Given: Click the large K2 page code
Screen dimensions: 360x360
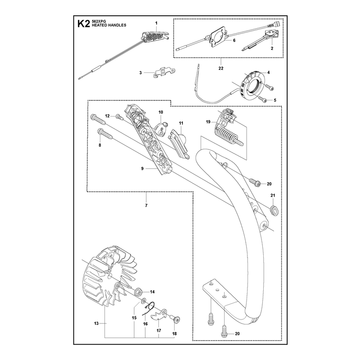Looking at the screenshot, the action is tap(83, 24).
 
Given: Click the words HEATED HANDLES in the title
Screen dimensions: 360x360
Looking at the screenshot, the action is tap(109, 25).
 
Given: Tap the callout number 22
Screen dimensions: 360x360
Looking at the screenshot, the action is tap(221, 68).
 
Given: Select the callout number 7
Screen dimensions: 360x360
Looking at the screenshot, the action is tap(146, 206).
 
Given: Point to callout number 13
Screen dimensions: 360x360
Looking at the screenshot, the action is tap(96, 323).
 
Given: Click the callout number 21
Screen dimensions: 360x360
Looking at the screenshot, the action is tap(273, 195).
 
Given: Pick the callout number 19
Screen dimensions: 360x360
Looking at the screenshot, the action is tap(208, 121).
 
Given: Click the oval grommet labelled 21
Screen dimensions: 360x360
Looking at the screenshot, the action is tap(274, 211).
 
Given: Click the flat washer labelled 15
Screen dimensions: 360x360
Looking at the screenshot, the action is tap(144, 300).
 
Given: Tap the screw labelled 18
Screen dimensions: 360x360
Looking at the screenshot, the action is tap(175, 319).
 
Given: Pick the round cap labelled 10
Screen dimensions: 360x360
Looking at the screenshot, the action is tap(162, 129).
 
